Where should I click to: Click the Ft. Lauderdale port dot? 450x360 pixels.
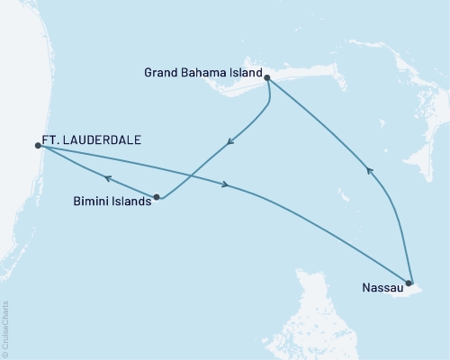(x=38, y=145)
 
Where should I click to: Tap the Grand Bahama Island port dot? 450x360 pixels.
(x=267, y=78)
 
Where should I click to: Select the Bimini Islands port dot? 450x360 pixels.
(x=157, y=196)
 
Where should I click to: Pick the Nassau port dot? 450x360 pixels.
(x=409, y=283)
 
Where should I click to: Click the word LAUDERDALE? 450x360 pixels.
(x=102, y=141)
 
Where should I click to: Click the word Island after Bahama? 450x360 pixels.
(x=247, y=73)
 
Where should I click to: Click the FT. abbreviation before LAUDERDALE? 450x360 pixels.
(x=50, y=141)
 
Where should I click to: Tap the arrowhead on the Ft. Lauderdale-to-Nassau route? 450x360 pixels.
(x=226, y=184)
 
